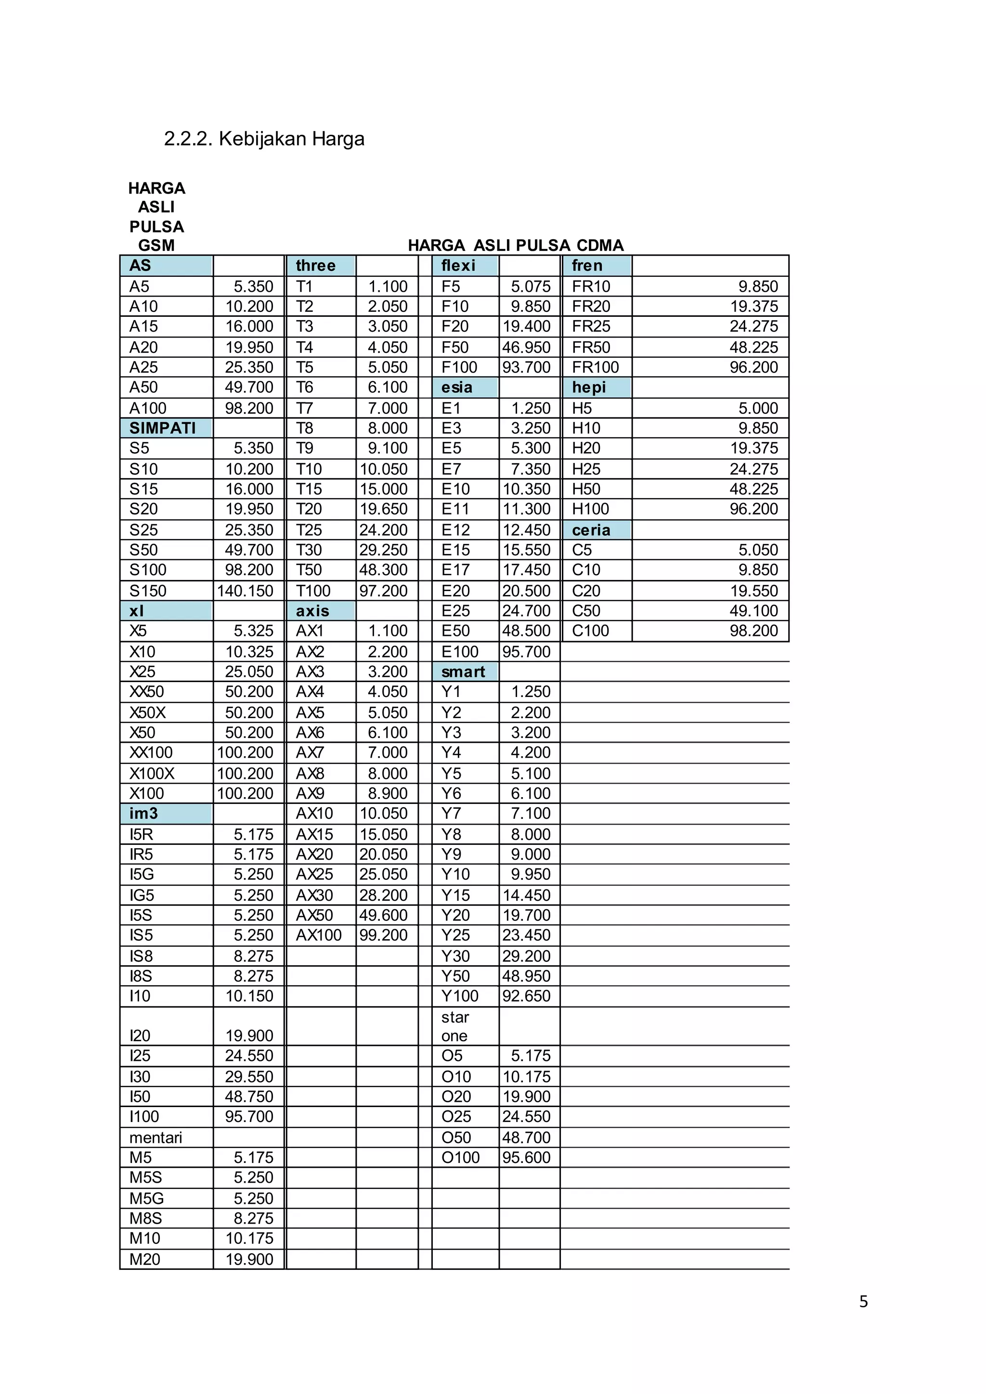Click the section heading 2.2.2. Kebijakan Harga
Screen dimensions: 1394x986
(x=264, y=139)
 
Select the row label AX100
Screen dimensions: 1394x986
(x=319, y=935)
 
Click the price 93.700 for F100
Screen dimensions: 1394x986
(x=526, y=367)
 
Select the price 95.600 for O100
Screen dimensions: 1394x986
(x=526, y=1157)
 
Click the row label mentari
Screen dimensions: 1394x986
(x=156, y=1137)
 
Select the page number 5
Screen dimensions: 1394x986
(x=863, y=1302)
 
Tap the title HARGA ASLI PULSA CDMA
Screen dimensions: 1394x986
(x=516, y=245)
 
